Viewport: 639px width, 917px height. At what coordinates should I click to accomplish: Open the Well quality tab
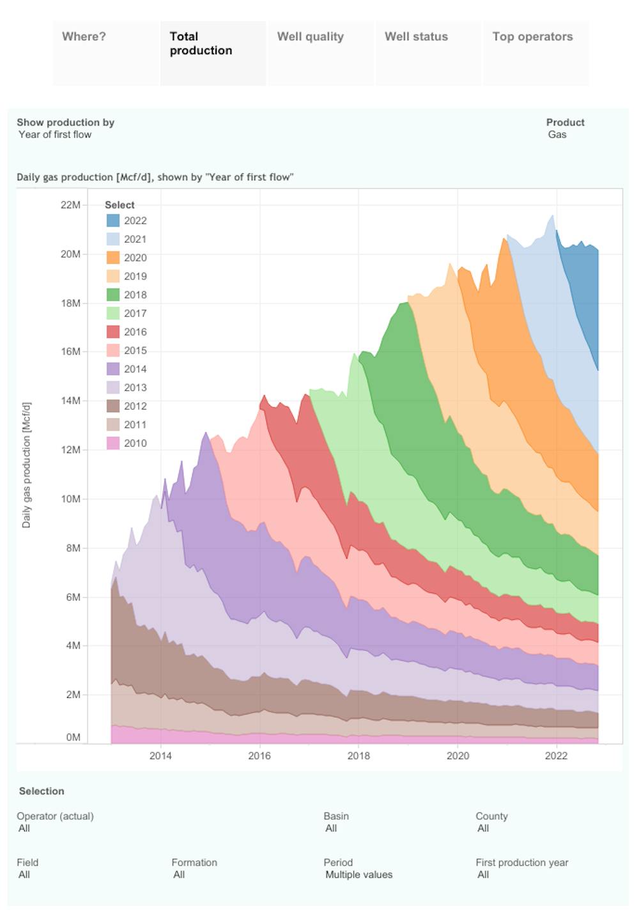(311, 37)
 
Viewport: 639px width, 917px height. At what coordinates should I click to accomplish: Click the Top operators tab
(532, 37)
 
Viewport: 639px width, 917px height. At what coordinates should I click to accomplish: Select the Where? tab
(84, 37)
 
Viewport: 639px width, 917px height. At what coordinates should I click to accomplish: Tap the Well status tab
(416, 37)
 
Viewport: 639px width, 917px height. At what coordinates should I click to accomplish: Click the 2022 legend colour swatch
(113, 220)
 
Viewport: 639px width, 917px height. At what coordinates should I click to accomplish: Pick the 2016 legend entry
(135, 332)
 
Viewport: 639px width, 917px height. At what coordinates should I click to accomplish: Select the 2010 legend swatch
(113, 443)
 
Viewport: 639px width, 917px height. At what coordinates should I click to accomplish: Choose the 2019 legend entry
(135, 276)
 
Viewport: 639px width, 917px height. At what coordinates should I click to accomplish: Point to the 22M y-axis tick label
(70, 204)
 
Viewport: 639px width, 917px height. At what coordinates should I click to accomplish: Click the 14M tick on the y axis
(70, 401)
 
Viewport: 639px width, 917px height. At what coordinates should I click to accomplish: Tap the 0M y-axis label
(73, 737)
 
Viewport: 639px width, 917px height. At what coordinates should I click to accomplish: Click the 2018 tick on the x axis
(358, 756)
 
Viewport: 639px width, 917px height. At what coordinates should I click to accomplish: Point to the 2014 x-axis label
(160, 756)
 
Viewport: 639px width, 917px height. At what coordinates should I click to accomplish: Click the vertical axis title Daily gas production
(26, 465)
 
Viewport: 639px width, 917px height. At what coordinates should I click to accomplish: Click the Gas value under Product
(557, 135)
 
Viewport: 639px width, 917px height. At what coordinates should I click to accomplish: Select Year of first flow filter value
(55, 135)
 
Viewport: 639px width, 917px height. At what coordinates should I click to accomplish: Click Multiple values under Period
(358, 875)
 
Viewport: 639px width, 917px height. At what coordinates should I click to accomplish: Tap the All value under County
(483, 829)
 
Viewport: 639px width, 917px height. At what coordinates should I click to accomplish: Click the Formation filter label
(194, 863)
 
